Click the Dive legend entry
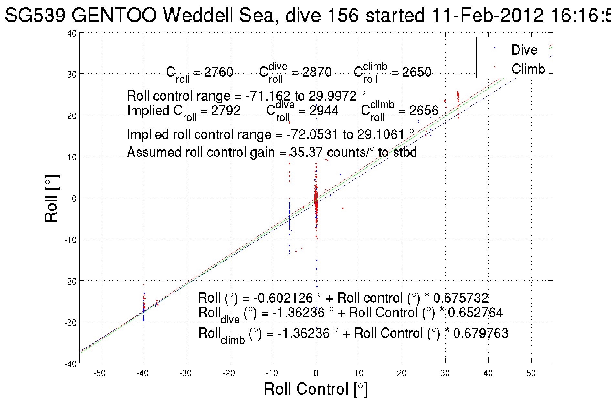tap(524, 50)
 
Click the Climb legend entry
tap(528, 69)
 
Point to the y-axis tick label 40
tap(72, 33)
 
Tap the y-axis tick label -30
tap(70, 323)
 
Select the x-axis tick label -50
tap(100, 373)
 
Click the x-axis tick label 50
tap(531, 373)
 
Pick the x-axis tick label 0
tap(316, 373)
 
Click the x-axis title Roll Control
tap(316, 389)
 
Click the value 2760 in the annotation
tap(218, 72)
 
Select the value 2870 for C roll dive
tap(317, 72)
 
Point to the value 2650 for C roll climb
tap(416, 72)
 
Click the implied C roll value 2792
tap(226, 111)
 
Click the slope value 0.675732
tap(460, 298)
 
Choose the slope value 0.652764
tap(475, 313)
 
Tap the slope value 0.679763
tap(480, 333)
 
